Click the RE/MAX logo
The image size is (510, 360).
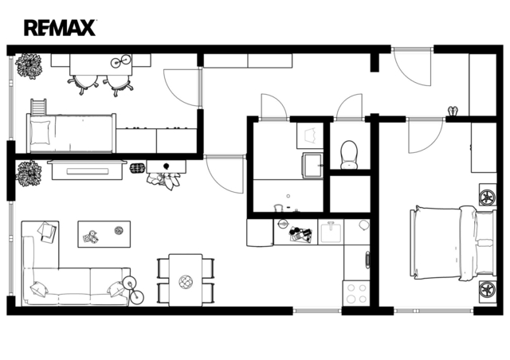[x=60, y=28]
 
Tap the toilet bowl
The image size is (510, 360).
[x=349, y=155]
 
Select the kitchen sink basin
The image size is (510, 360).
[x=331, y=232]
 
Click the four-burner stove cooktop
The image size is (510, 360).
[x=356, y=293]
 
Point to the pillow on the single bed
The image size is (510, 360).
[x=40, y=132]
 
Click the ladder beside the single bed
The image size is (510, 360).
[x=38, y=107]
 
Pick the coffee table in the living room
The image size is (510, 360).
[x=104, y=234]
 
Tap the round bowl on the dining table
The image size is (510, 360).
[x=186, y=281]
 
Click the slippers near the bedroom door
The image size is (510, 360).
[x=453, y=111]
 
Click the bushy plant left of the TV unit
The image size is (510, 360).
[x=29, y=174]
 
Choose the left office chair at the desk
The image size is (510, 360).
[x=83, y=84]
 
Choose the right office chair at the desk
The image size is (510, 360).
[x=119, y=84]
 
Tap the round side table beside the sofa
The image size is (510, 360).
[x=129, y=284]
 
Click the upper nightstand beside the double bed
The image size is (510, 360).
[x=488, y=195]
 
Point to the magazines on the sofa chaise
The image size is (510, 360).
[x=47, y=232]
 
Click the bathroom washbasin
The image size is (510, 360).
[x=313, y=166]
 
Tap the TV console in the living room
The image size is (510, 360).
[x=87, y=170]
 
